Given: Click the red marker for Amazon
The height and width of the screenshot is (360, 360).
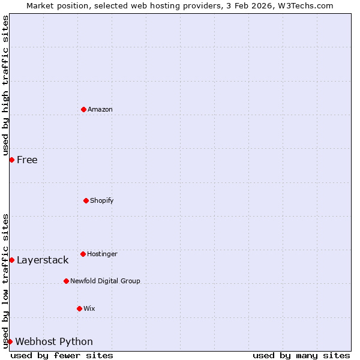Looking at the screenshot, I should [83, 109].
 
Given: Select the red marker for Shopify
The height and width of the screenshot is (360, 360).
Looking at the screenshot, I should [86, 200].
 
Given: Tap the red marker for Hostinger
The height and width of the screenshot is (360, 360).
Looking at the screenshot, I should [83, 254].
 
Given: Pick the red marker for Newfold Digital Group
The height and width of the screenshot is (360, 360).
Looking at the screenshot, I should [66, 281].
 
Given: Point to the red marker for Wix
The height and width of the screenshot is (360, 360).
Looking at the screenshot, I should [79, 308].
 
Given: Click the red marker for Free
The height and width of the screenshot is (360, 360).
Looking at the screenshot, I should [11, 160].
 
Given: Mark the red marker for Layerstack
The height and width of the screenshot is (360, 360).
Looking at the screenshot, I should [11, 260].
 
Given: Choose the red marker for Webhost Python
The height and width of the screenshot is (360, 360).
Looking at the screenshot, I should [10, 341].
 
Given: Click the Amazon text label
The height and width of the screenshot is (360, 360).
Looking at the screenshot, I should [100, 109].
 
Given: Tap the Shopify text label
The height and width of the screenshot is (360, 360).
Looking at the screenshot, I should [102, 200].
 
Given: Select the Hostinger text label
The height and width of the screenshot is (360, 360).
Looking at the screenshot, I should [102, 254].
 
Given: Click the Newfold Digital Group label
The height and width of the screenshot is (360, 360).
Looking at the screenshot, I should [105, 281].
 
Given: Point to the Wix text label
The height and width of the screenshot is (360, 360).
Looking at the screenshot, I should [89, 308].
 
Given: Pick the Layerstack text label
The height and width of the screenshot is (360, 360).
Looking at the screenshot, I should [43, 260].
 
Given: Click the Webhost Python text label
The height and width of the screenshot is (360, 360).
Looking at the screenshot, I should [54, 341].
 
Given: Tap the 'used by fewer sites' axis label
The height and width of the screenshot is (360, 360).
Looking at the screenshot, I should [62, 355].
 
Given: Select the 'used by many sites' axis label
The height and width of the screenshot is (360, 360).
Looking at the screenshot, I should [301, 355].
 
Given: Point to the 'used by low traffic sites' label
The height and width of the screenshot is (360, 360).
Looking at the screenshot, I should [5, 280].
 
